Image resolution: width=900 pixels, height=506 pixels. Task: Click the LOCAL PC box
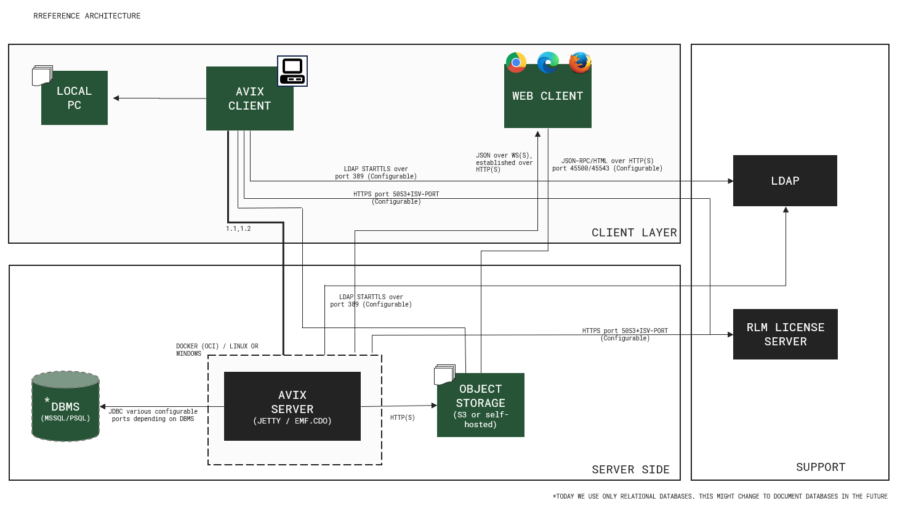(74, 98)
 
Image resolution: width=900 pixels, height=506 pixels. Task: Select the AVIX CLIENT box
(249, 98)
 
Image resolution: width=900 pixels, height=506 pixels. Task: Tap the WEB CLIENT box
(547, 97)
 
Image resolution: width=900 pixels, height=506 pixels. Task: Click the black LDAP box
(785, 181)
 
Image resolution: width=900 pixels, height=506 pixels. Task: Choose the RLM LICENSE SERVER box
(785, 334)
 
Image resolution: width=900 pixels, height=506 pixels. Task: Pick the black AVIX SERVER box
(292, 406)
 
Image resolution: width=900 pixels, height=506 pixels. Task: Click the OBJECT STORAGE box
(480, 406)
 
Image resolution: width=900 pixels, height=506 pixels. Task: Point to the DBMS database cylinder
(65, 407)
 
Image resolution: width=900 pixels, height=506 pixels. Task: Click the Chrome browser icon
(516, 62)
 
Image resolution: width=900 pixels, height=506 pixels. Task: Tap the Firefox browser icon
(580, 62)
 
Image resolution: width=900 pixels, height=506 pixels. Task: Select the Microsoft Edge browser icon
(548, 62)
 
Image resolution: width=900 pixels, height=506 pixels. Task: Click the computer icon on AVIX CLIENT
(292, 71)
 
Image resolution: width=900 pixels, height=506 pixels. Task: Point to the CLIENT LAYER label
(634, 233)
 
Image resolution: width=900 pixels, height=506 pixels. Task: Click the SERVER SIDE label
(630, 470)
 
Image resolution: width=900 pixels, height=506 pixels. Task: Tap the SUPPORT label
(821, 467)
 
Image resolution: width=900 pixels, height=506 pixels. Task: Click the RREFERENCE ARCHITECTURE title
(87, 16)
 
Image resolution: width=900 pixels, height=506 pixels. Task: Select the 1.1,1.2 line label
(238, 229)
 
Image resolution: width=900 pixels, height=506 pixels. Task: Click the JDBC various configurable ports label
(154, 416)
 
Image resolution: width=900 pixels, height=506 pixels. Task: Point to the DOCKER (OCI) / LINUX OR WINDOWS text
(217, 350)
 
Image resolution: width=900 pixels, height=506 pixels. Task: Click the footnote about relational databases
(720, 496)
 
